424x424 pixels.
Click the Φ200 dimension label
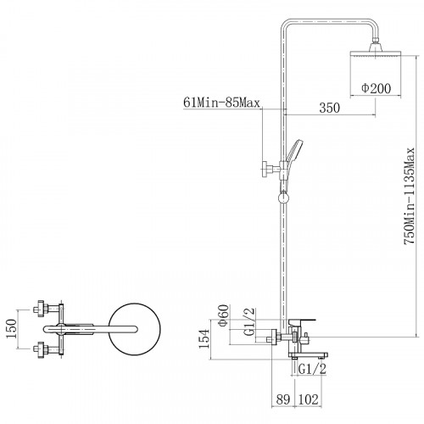(x=377, y=88)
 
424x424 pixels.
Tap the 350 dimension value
(x=330, y=108)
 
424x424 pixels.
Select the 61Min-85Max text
(x=221, y=103)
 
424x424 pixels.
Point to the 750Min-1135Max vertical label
(x=409, y=196)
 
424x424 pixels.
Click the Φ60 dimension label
(x=223, y=315)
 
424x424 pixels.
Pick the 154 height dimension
(x=204, y=339)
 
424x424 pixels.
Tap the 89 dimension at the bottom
(x=283, y=399)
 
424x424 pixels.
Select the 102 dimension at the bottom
(x=309, y=399)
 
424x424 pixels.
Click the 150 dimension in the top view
(x=12, y=328)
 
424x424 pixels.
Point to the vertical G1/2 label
(x=249, y=321)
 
